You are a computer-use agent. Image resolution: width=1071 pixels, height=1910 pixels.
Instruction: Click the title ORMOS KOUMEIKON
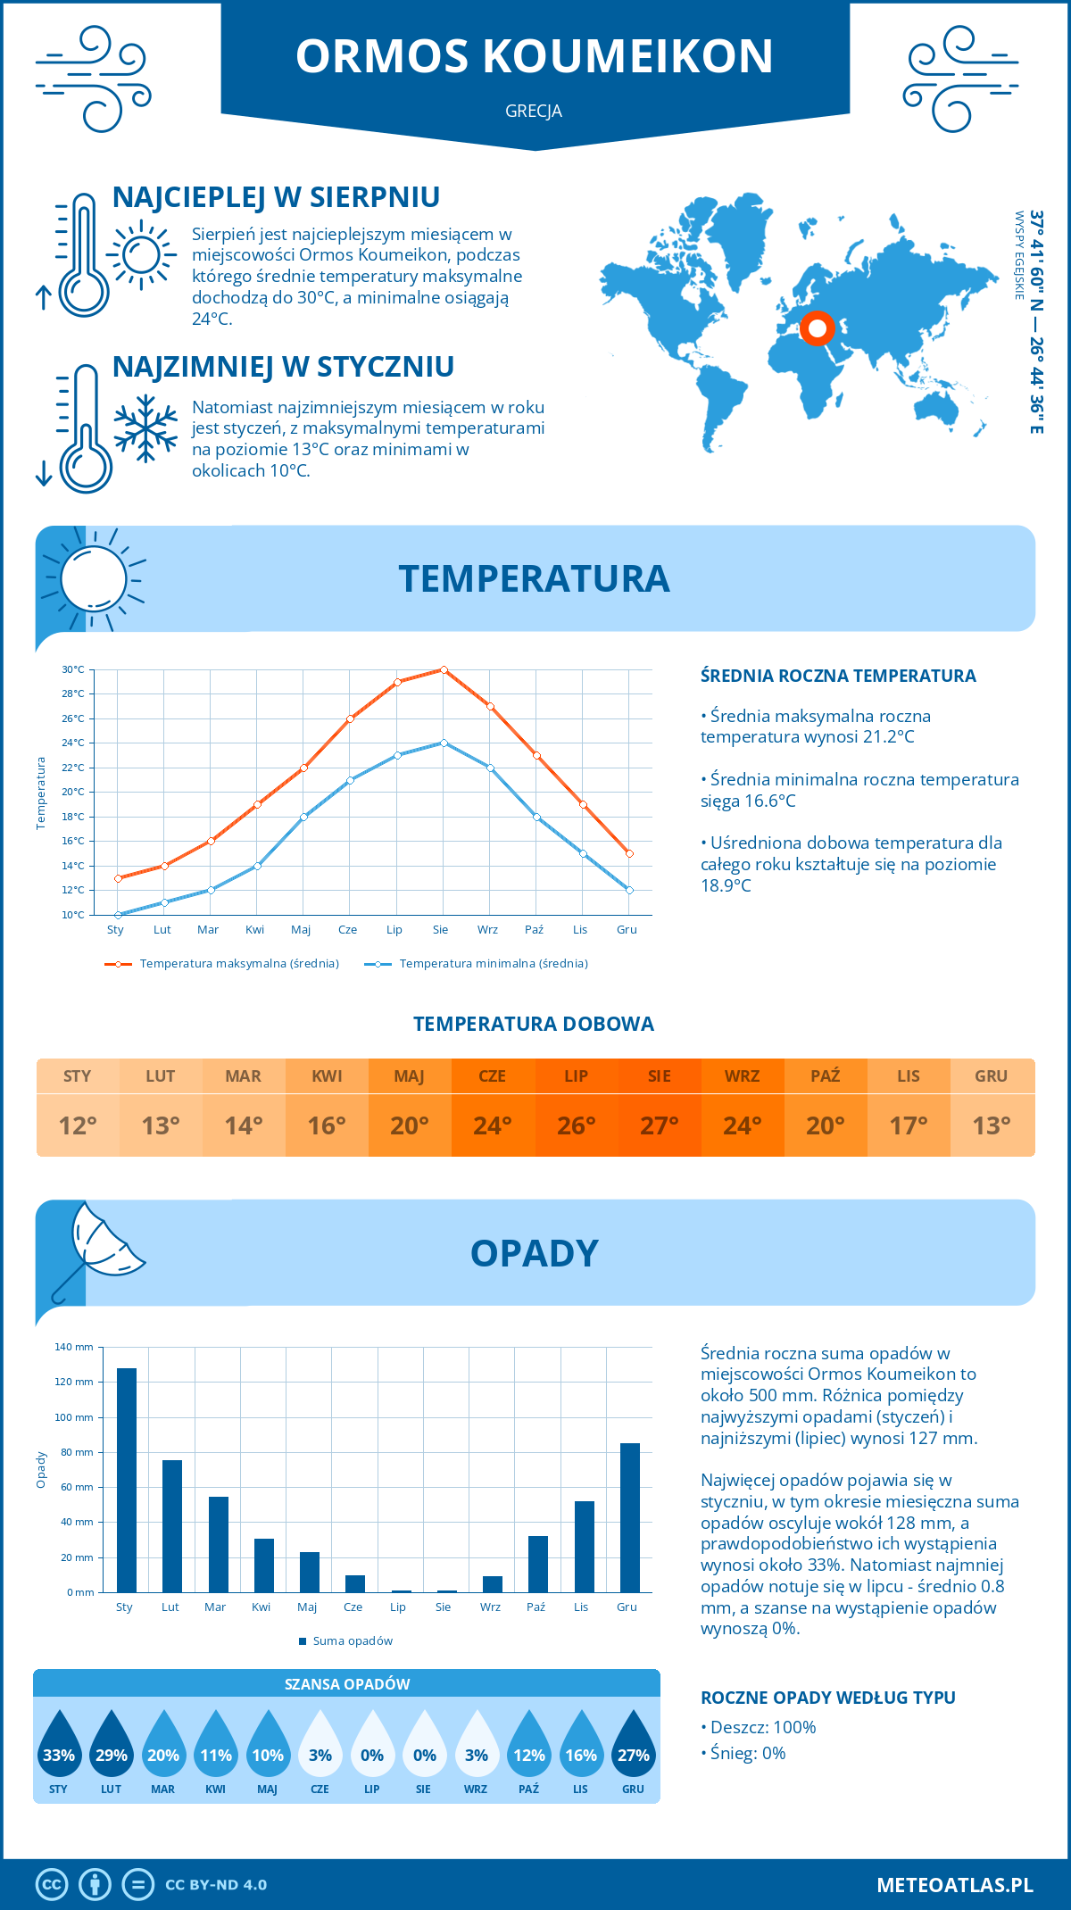[x=534, y=56]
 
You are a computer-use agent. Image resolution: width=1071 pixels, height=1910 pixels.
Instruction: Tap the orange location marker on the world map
[x=817, y=328]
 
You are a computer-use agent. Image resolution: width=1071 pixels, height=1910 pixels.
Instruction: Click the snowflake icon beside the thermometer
[x=145, y=429]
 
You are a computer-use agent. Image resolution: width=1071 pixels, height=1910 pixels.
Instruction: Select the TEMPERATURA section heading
[x=534, y=578]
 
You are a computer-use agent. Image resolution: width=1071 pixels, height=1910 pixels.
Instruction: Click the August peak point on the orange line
[x=444, y=669]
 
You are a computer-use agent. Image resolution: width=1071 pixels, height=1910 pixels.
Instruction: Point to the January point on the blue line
[x=118, y=915]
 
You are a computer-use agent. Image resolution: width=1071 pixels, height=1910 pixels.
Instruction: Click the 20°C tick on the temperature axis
[x=73, y=792]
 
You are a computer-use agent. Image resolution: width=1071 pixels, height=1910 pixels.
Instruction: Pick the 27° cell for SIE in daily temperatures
[x=659, y=1125]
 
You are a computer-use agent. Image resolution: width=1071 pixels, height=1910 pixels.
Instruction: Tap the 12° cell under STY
[x=78, y=1125]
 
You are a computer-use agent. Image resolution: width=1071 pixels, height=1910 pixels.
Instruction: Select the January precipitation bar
[x=127, y=1480]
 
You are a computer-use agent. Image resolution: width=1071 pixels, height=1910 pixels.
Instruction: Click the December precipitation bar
[x=630, y=1517]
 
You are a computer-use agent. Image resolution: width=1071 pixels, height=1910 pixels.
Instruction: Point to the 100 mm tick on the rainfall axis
[x=75, y=1417]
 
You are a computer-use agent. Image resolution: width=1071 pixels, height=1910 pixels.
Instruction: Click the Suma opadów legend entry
[x=352, y=1641]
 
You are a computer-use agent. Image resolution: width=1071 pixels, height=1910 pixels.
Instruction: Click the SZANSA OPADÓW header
[x=346, y=1684]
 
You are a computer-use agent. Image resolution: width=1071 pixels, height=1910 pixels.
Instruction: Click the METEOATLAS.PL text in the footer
[x=954, y=1884]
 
